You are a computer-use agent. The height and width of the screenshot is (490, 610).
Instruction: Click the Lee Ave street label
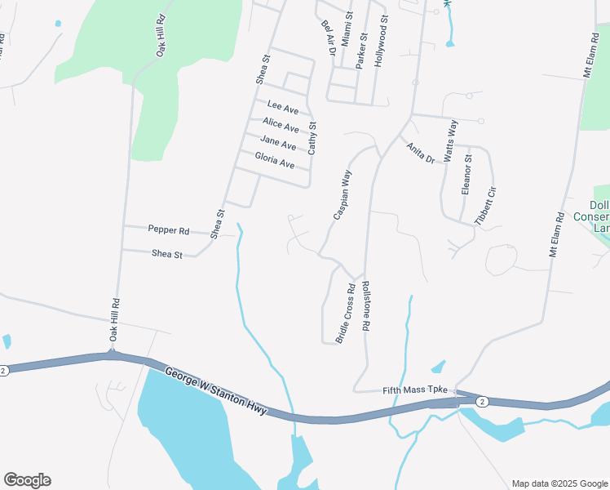pos(283,108)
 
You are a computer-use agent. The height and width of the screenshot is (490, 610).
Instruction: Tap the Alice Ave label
pos(281,125)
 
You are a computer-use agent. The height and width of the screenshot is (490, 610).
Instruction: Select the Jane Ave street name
pos(278,145)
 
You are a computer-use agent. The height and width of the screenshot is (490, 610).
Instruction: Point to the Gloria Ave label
pos(274,160)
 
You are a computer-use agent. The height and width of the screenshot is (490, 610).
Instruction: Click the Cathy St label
pos(312,138)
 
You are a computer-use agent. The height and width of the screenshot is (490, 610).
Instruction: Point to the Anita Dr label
pos(421,153)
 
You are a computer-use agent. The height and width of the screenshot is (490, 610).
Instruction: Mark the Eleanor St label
pos(467,176)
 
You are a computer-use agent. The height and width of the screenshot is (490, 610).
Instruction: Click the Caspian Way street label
pos(342,194)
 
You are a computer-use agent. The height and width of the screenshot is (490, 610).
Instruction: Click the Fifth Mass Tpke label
pos(416,390)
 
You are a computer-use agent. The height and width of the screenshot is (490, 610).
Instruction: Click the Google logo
pos(27,480)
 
